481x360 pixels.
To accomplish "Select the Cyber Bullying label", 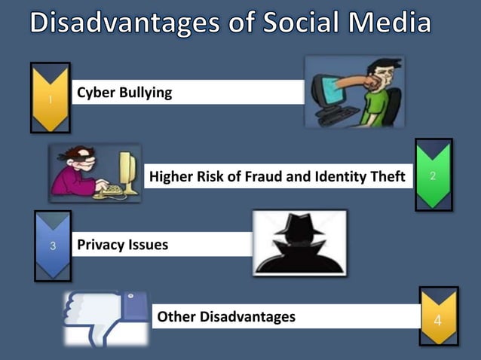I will coord(124,93).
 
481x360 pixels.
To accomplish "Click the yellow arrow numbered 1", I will coord(50,98).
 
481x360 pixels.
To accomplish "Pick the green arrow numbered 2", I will coord(434,175).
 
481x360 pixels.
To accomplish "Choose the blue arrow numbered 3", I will coord(53,245).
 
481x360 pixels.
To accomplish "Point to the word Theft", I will coord(385,177).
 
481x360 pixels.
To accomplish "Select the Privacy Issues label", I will coord(122,245).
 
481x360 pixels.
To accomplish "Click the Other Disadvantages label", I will coord(226,317).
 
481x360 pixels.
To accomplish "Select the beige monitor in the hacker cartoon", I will coord(130,167).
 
